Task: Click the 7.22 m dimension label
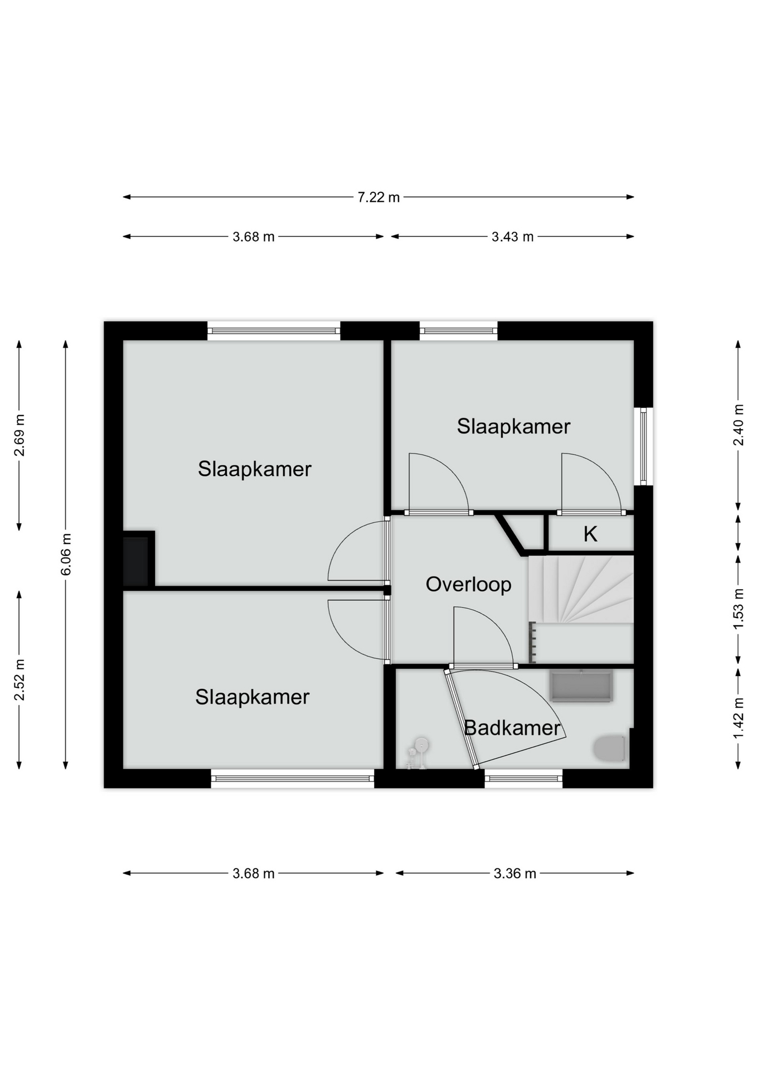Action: tap(378, 197)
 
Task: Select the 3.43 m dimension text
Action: tap(512, 237)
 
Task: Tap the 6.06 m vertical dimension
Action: tap(66, 555)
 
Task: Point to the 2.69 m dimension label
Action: tap(20, 435)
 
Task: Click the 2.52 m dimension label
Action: tap(20, 680)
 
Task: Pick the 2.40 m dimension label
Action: tap(739, 425)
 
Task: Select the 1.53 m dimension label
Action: tap(739, 609)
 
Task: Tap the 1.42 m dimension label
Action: tap(739, 718)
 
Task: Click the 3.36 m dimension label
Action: tap(515, 873)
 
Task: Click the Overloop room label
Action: tap(468, 585)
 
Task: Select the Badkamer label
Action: tap(512, 728)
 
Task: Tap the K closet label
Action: tap(590, 534)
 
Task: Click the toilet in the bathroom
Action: tap(609, 748)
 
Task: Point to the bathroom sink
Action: tap(581, 685)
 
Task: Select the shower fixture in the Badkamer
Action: tap(417, 753)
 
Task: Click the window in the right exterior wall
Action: tap(643, 446)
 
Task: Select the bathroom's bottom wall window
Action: tap(523, 779)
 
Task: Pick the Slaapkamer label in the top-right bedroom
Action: tap(513, 426)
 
